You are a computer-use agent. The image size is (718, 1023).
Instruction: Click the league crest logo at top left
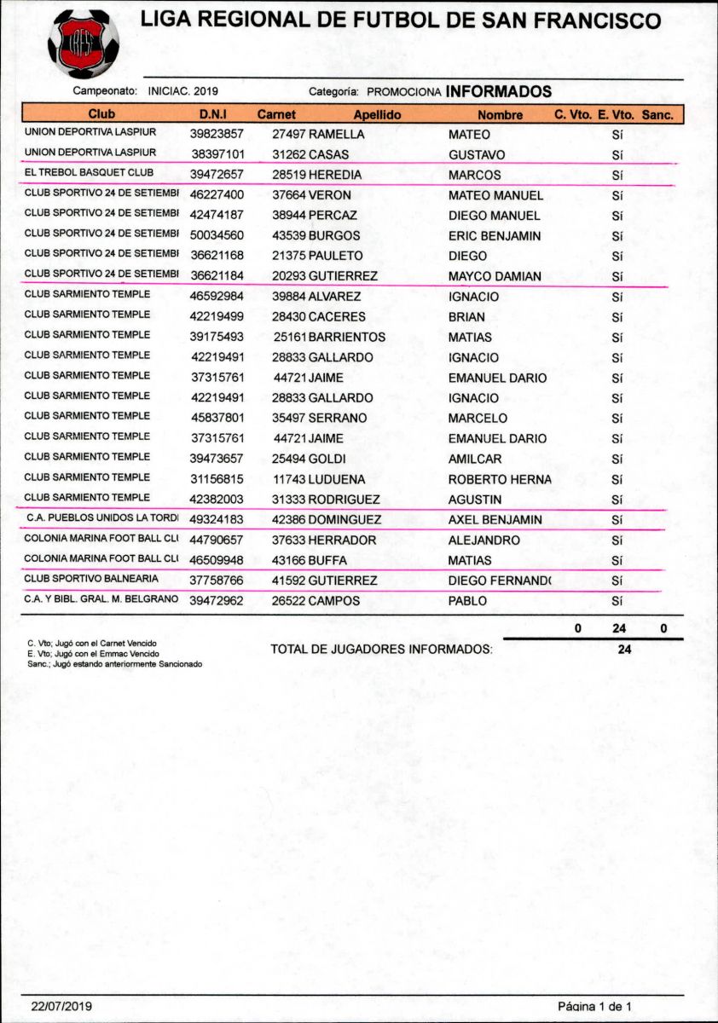[x=84, y=40]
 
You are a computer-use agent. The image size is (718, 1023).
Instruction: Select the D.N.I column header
[x=211, y=114]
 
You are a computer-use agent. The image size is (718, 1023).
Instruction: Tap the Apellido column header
[x=377, y=114]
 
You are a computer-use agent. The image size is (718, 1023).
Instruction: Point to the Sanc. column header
[x=657, y=114]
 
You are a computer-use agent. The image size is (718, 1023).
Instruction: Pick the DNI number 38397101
[x=217, y=155]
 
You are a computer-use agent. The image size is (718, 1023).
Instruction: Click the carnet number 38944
[x=289, y=216]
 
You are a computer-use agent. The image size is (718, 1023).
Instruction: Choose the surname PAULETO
[x=335, y=256]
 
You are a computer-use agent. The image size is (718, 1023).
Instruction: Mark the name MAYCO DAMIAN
[x=495, y=277]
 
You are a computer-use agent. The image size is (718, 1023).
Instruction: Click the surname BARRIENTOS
[x=347, y=338]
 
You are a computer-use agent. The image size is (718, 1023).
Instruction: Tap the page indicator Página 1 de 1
[x=594, y=1006]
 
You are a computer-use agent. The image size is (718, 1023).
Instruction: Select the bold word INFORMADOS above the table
[x=498, y=92]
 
